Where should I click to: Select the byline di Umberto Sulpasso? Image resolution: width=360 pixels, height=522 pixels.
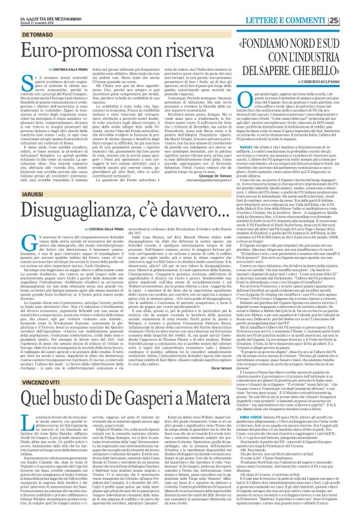click(322, 84)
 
